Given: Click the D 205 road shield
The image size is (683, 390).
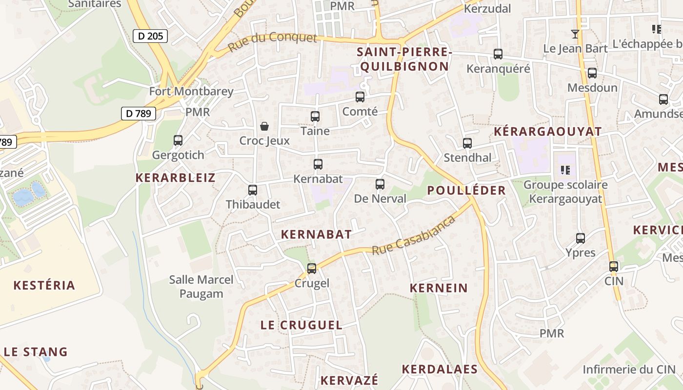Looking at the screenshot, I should click(150, 36).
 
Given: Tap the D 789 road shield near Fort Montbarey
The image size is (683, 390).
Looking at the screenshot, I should click(138, 114).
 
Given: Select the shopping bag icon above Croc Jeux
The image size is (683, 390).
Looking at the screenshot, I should click(264, 126).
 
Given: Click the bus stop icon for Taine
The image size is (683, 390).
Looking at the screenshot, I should click(315, 117).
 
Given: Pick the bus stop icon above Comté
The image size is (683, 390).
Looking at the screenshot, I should click(360, 97).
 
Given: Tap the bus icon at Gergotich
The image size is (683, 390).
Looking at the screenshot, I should click(178, 140).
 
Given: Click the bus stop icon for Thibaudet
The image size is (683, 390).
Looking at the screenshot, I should click(253, 190).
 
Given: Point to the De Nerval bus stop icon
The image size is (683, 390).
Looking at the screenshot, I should click(380, 184).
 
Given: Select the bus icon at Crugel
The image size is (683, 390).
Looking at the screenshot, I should click(312, 268).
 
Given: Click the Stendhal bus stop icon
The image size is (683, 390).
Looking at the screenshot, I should click(467, 143).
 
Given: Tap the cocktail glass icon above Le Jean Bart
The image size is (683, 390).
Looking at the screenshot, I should click(576, 34).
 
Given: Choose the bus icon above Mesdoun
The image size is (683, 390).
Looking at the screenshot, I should click(592, 73).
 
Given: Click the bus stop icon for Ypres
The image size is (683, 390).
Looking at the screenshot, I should click(581, 238).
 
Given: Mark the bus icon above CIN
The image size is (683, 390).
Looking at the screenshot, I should click(614, 267).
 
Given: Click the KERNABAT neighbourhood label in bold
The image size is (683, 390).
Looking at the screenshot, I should click(316, 234).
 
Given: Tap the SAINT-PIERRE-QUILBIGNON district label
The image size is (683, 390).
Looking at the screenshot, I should click(402, 59).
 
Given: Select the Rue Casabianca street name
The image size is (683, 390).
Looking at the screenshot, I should click(414, 235).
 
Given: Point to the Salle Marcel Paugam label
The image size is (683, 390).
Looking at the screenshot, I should click(201, 287).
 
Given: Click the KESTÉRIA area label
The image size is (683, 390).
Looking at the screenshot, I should click(44, 285).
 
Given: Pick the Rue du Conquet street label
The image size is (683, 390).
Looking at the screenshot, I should click(272, 42).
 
